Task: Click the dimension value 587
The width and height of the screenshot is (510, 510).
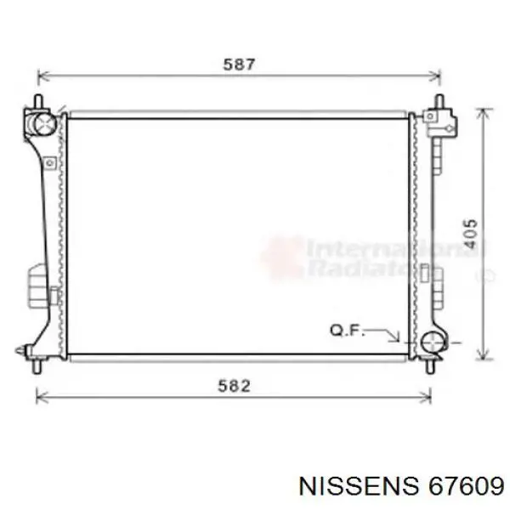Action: (239, 63)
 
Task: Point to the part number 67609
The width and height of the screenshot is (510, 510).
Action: (459, 485)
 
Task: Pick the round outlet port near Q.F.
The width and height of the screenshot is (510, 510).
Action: (433, 344)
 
